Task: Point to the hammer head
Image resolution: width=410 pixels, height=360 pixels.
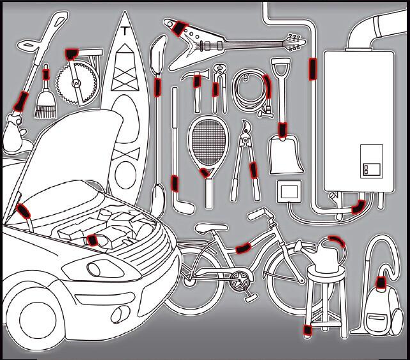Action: click(194, 78)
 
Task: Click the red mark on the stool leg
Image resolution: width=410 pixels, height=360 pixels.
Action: click(307, 329)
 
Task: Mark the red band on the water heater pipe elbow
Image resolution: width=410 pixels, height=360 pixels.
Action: click(358, 206)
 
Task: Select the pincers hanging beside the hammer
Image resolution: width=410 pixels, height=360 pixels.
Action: click(219, 86)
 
